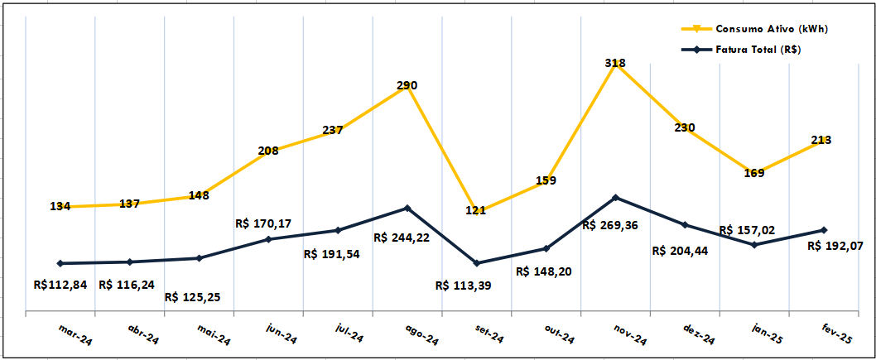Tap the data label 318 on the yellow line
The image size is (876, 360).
click(x=615, y=63)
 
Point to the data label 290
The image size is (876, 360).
click(x=407, y=85)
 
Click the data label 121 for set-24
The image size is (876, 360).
click(x=475, y=210)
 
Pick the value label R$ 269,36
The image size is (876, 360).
click(x=614, y=225)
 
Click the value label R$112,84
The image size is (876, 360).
click(x=60, y=285)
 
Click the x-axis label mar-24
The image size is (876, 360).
click(x=74, y=334)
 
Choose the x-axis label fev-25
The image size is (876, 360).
click(x=835, y=335)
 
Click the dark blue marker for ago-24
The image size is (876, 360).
click(x=407, y=208)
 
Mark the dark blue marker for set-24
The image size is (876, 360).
click(x=476, y=263)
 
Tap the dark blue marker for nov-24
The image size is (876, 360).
click(x=615, y=197)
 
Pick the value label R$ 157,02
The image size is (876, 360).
click(x=747, y=230)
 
